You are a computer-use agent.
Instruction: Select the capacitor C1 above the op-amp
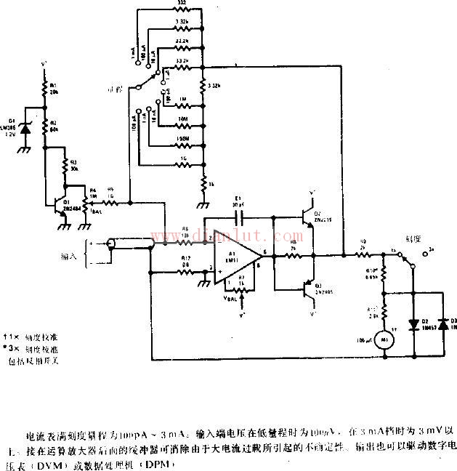[x=237, y=217]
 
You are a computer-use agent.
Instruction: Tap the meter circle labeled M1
[x=385, y=337]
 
